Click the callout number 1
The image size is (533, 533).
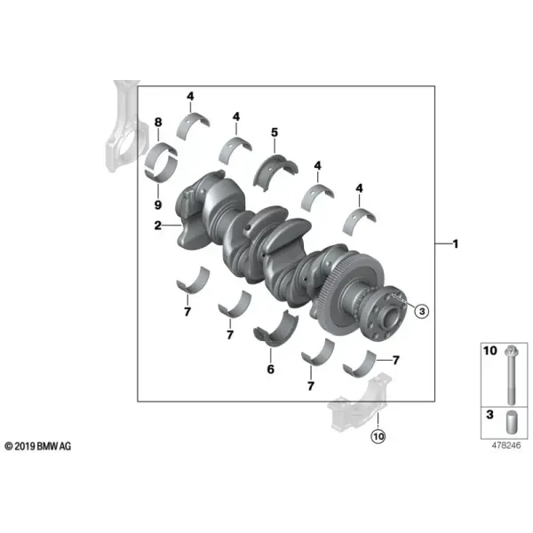click(x=456, y=243)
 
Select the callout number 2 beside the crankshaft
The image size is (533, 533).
click(x=158, y=225)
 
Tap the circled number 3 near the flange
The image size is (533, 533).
click(x=422, y=311)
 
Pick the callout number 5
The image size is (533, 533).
click(x=274, y=132)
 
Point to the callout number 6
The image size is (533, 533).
click(x=271, y=370)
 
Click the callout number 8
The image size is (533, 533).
click(x=158, y=122)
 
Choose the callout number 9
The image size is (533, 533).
click(x=158, y=204)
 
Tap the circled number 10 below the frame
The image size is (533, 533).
click(x=378, y=436)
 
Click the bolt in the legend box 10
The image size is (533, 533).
click(x=511, y=375)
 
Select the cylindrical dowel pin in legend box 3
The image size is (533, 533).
click(x=512, y=423)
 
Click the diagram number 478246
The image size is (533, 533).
click(x=506, y=445)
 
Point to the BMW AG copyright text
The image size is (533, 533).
click(x=38, y=446)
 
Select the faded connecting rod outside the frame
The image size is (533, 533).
click(x=126, y=129)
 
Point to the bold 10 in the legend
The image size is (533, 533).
click(x=490, y=351)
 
